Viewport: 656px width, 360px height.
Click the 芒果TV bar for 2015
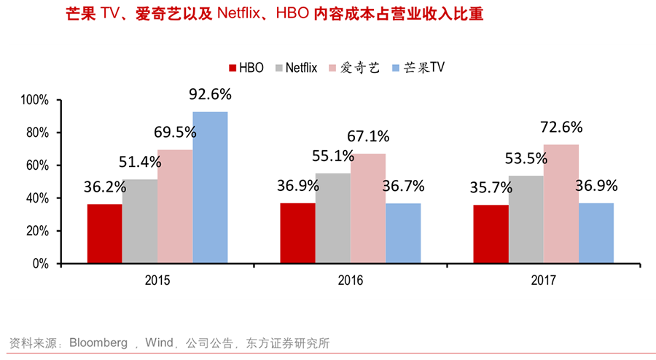tap(210, 187)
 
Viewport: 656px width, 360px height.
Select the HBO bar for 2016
tap(298, 233)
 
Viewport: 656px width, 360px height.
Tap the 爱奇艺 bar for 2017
tap(561, 204)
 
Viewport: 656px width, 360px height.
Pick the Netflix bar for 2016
tap(333, 218)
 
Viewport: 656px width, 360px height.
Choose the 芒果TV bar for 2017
tap(596, 233)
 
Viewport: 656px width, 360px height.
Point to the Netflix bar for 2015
tap(140, 222)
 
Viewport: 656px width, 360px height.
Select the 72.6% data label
tap(561, 127)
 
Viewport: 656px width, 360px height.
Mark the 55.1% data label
tap(332, 155)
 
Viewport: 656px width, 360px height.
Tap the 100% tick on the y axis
tap(34, 100)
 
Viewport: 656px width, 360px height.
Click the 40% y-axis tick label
tap(36, 198)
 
